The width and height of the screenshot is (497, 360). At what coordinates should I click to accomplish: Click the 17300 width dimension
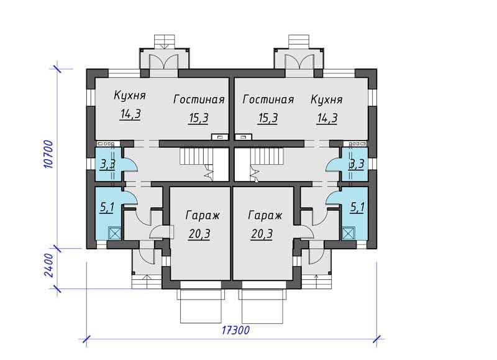tap(235, 330)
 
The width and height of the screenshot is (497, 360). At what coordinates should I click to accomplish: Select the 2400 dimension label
tap(48, 265)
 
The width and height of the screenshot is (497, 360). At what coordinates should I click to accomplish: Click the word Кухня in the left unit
tap(130, 96)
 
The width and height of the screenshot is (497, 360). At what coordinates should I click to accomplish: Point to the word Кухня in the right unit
tap(327, 99)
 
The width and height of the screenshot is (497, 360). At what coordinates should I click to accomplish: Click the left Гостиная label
tap(199, 99)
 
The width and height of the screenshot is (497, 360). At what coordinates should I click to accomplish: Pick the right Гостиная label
tap(268, 99)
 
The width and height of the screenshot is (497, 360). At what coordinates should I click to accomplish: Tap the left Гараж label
tap(203, 216)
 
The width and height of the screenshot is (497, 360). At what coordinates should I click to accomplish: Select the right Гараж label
tap(265, 216)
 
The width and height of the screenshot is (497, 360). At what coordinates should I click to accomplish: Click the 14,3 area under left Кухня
tap(130, 114)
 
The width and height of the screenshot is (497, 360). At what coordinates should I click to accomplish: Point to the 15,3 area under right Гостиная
tap(268, 118)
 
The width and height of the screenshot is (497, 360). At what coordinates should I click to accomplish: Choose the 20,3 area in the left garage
tap(199, 234)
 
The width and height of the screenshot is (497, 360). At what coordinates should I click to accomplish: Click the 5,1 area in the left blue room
tap(107, 208)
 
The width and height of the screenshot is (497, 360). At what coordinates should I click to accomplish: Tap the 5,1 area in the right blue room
tap(357, 208)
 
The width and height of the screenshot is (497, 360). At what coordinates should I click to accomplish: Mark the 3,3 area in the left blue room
tap(107, 165)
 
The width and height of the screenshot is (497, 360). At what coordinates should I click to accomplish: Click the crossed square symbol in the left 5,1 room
tap(115, 233)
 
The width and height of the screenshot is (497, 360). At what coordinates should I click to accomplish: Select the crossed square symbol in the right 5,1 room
tap(349, 233)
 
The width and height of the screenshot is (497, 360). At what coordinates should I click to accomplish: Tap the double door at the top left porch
tap(164, 62)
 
